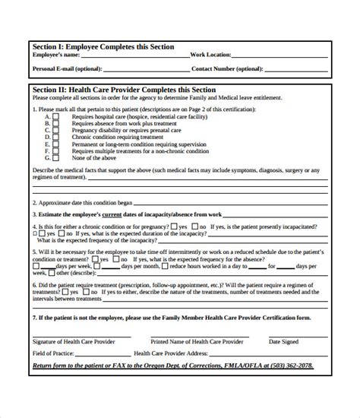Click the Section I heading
click(103, 47)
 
